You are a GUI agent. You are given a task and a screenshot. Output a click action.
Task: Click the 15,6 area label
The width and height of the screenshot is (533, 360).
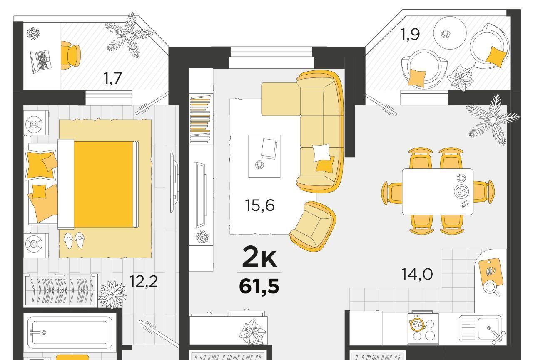(259, 205)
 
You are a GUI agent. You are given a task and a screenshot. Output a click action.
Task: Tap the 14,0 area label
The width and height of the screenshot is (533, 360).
(417, 274)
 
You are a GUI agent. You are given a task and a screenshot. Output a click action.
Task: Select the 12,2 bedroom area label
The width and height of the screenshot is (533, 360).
(144, 281)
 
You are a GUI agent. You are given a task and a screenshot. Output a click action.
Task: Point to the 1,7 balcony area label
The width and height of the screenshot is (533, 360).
(113, 78)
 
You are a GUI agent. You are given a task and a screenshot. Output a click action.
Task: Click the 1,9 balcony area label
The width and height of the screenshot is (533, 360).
(410, 34)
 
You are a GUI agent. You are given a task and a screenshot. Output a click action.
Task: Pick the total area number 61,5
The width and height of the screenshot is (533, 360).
(259, 286)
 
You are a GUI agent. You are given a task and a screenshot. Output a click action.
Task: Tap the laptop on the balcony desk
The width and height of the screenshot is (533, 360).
(40, 61)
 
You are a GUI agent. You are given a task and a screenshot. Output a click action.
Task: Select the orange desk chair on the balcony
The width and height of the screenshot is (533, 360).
(70, 56)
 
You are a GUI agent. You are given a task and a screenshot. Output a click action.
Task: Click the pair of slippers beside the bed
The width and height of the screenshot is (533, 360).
(74, 240)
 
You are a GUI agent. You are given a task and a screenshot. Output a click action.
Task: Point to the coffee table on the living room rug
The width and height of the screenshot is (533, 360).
(264, 156)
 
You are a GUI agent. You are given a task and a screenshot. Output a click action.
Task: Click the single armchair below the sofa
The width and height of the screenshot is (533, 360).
(313, 226)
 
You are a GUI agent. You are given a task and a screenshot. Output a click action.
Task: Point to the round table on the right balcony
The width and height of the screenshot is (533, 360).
(449, 33)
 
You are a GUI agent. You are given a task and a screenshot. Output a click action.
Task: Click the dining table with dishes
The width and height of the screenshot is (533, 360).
(437, 192)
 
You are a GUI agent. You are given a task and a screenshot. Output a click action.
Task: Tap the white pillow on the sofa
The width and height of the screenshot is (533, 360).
(321, 152)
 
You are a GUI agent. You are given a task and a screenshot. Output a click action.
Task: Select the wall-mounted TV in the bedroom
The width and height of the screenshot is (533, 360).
(174, 182)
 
